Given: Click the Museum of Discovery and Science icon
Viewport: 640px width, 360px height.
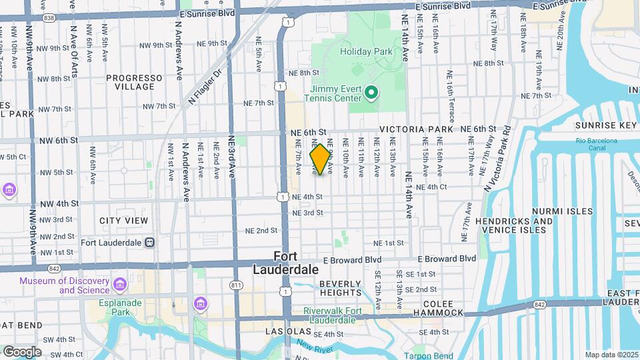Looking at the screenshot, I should click(x=121, y=285).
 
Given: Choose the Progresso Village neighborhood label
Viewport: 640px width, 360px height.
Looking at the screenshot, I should click(x=134, y=82).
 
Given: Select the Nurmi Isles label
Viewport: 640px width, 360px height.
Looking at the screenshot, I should click(x=562, y=211).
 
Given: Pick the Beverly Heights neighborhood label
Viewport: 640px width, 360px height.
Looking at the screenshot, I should click(x=340, y=288).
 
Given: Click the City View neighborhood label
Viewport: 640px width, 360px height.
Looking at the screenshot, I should click(x=123, y=221).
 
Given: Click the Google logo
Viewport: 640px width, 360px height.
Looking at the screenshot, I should click(x=22, y=351).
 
